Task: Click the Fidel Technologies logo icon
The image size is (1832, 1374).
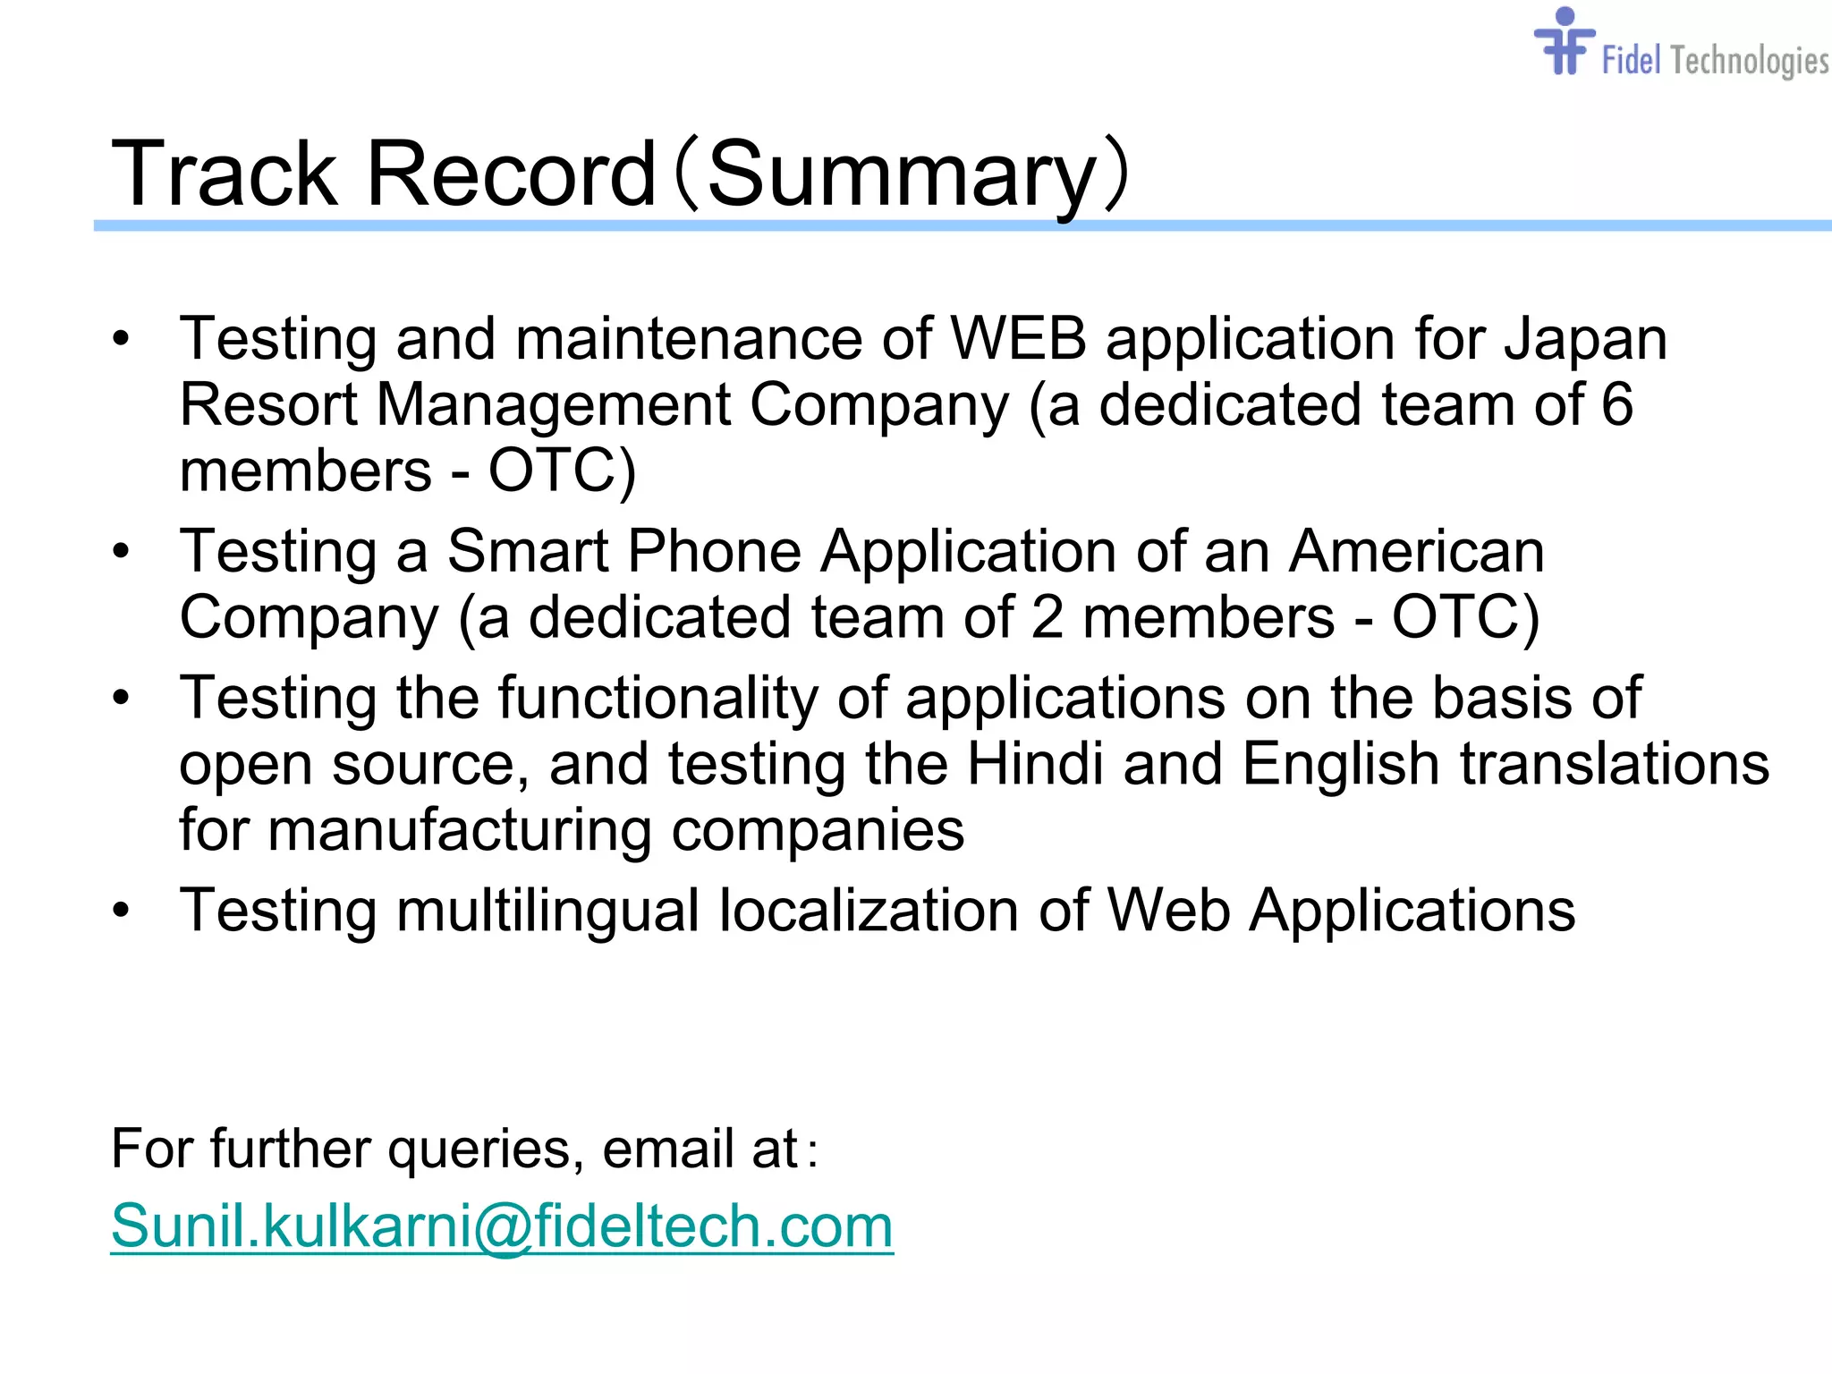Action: [x=1564, y=43]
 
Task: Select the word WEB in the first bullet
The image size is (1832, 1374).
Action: [x=1018, y=339]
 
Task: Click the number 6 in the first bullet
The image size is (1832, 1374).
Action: [x=1616, y=404]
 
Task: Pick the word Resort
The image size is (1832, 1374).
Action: [x=268, y=404]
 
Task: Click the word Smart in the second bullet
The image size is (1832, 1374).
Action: [x=528, y=551]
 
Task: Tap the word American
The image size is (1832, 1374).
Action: [x=1416, y=551]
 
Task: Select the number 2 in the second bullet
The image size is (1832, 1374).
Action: [x=1047, y=617]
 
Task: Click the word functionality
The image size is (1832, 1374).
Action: [x=657, y=698]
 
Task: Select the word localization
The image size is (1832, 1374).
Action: [x=869, y=911]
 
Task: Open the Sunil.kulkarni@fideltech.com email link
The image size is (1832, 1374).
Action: [x=502, y=1226]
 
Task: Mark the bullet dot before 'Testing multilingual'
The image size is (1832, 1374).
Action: [x=121, y=911]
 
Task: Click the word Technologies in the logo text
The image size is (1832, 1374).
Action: [x=1749, y=61]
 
